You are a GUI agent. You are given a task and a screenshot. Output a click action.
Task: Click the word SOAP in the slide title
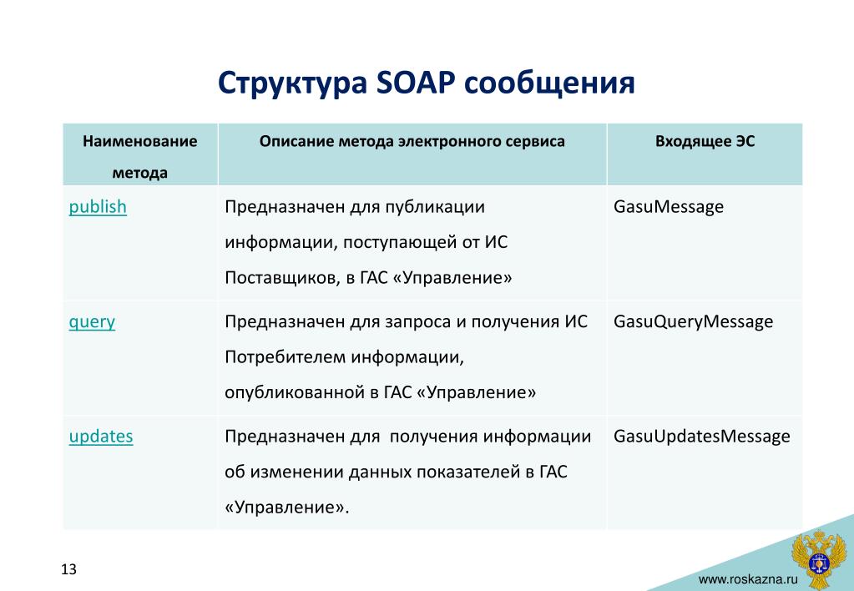(x=415, y=83)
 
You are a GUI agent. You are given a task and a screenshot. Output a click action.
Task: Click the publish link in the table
(x=98, y=208)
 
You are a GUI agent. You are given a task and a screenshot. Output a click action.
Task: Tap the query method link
(x=92, y=322)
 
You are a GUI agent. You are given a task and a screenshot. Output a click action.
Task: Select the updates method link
(x=101, y=437)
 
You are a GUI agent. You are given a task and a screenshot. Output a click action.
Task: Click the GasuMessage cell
(x=669, y=208)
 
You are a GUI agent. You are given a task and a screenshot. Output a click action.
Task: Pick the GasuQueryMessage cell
(x=693, y=322)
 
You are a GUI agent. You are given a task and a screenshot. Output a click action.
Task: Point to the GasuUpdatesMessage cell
(x=701, y=437)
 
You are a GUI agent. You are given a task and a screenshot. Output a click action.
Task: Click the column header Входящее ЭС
(x=705, y=142)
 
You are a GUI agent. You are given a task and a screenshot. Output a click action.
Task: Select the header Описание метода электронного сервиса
(x=412, y=142)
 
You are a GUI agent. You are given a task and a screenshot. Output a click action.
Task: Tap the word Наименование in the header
(x=140, y=142)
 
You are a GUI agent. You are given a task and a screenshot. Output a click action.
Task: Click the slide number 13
(x=68, y=569)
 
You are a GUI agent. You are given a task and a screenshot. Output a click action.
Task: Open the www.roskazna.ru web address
(x=748, y=579)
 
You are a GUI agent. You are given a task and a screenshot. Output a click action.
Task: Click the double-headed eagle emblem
(x=819, y=558)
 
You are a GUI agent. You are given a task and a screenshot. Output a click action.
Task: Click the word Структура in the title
(x=292, y=83)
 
